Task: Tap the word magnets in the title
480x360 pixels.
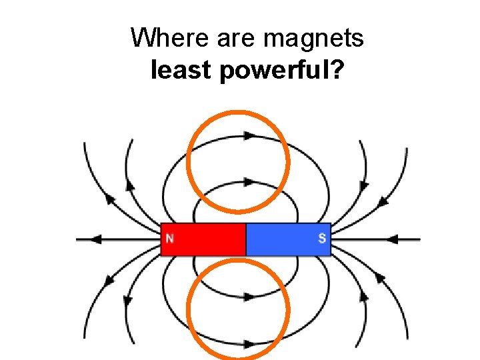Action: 313,38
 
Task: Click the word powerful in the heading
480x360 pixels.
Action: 270,70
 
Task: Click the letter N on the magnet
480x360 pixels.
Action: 170,238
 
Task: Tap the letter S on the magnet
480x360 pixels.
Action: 322,238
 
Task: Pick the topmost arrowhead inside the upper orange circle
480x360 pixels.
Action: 249,135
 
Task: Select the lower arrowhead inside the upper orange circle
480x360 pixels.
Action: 249,181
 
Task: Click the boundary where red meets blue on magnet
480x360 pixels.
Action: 246,239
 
